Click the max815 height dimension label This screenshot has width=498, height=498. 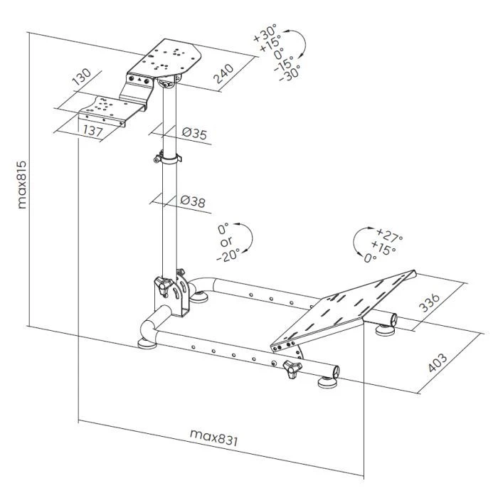[x=23, y=183]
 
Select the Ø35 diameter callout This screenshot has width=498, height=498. [x=194, y=133]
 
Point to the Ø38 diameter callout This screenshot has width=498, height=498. [x=193, y=202]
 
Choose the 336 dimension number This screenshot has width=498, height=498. [x=430, y=303]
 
